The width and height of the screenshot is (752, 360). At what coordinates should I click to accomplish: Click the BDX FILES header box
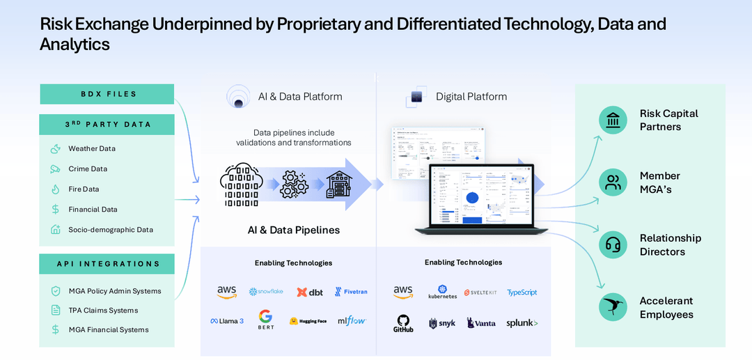click(107, 94)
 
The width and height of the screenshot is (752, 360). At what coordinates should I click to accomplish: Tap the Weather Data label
click(92, 148)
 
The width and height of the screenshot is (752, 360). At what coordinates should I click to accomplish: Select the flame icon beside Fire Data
click(55, 189)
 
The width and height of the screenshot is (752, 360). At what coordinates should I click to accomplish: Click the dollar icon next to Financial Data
click(55, 210)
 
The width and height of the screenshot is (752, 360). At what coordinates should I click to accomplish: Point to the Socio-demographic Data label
click(111, 230)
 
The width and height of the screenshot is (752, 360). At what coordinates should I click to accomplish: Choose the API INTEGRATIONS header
click(107, 264)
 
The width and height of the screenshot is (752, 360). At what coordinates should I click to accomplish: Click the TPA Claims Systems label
click(103, 311)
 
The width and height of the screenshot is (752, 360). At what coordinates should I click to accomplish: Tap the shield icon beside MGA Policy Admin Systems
click(55, 291)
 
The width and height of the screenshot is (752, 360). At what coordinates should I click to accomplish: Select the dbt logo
click(310, 292)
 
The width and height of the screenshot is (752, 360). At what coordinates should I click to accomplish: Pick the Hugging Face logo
click(308, 321)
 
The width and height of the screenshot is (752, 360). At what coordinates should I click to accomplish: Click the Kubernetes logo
click(443, 292)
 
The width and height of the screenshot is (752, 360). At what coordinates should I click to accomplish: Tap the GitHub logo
click(403, 323)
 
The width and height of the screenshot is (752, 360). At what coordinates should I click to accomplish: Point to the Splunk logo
click(522, 323)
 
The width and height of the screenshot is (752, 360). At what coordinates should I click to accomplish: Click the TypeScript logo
click(522, 292)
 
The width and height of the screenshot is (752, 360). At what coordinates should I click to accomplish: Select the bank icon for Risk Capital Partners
click(613, 120)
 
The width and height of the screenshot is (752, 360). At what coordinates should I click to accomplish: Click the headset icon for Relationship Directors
click(613, 245)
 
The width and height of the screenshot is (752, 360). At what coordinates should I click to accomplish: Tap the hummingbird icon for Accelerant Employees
click(613, 308)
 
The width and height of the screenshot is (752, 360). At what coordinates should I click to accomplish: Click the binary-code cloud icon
click(240, 185)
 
